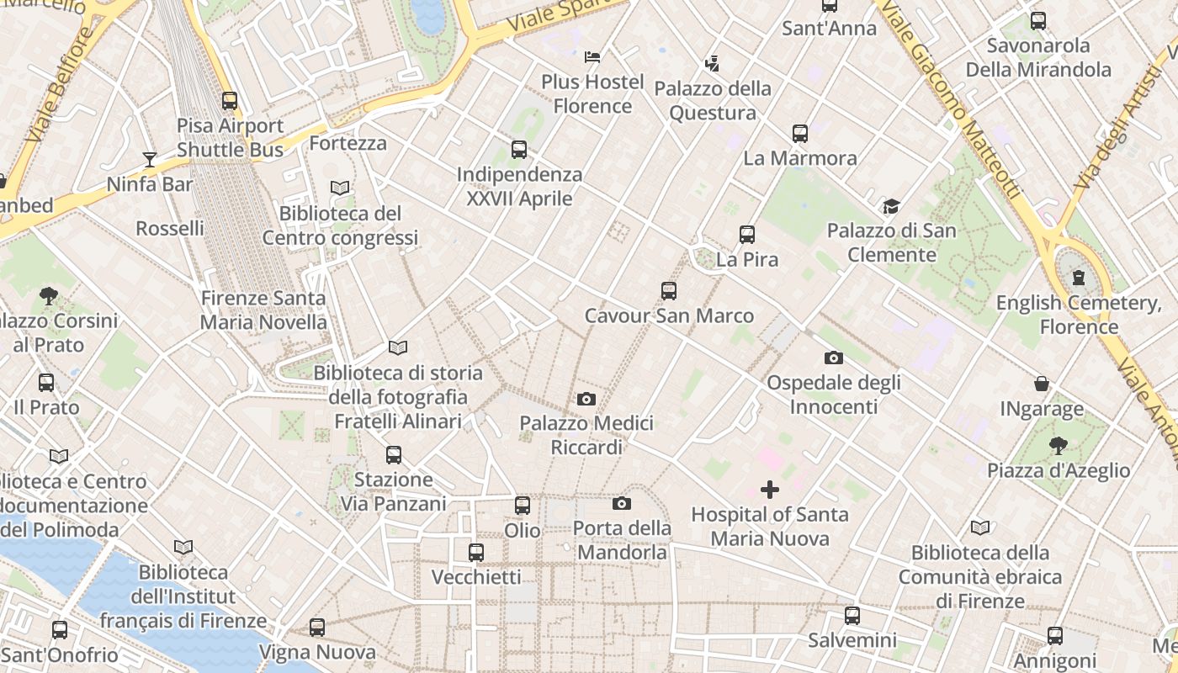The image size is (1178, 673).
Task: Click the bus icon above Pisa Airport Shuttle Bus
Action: click(230, 101)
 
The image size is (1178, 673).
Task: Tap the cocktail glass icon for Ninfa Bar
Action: click(150, 159)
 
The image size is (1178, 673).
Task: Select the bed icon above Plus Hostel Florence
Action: click(592, 57)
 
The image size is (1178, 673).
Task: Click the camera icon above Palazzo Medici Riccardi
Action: click(586, 399)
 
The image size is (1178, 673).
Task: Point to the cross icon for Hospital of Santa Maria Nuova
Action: click(769, 490)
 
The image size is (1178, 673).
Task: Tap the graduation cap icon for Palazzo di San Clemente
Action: click(891, 206)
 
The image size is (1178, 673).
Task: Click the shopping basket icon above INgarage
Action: click(1042, 384)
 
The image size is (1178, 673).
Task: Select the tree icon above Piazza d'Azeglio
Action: click(1059, 446)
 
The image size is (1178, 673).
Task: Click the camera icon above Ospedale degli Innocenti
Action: click(834, 358)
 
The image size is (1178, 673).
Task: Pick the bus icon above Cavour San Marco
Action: click(669, 291)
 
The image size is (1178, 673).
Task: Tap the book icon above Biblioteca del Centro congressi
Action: click(340, 188)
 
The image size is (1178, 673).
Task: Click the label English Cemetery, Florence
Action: click(1079, 315)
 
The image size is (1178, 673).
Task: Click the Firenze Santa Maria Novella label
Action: click(263, 310)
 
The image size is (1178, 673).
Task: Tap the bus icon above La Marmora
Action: click(800, 133)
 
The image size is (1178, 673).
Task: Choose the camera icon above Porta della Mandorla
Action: click(622, 504)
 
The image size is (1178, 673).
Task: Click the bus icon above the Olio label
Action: click(523, 506)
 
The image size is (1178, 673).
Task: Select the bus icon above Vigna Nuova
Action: click(317, 628)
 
